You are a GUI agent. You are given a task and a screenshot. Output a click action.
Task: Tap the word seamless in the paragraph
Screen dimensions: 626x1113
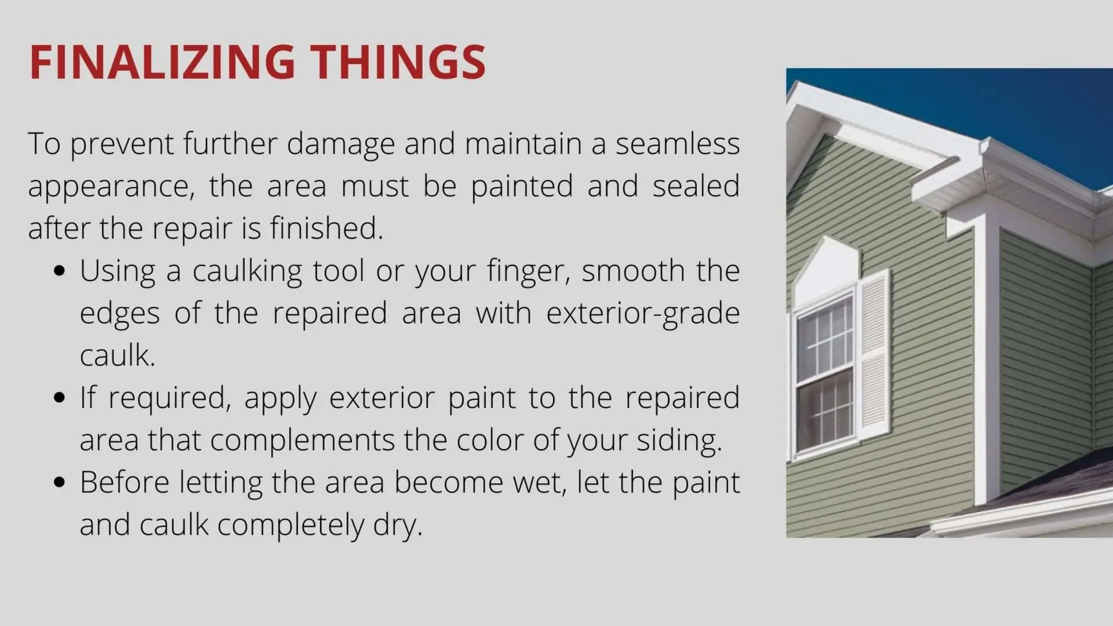tap(677, 144)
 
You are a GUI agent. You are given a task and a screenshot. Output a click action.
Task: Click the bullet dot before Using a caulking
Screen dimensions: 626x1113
tap(60, 271)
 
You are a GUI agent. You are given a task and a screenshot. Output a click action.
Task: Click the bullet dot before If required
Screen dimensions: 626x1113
tap(60, 398)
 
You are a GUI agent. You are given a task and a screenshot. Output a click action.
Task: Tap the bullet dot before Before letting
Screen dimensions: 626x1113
tap(60, 482)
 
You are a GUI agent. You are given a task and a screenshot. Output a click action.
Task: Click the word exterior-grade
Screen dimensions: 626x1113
tap(642, 314)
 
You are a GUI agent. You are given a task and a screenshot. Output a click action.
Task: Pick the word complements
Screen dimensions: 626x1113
tap(302, 440)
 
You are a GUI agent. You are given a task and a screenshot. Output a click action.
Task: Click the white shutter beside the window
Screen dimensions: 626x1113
tap(873, 356)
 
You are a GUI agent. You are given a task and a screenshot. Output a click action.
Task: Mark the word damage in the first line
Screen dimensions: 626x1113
tap(340, 144)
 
